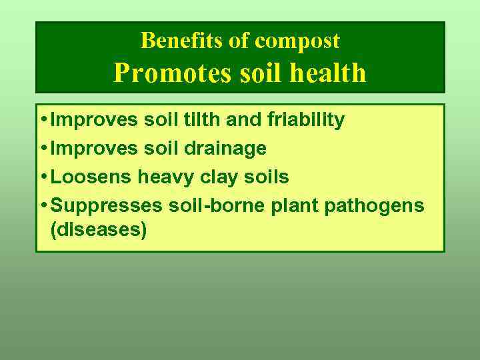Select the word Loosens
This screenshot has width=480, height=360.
click(91, 177)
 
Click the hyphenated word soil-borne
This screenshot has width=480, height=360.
click(216, 205)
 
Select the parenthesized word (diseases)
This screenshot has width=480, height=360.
click(98, 231)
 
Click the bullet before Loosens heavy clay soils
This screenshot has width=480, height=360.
click(43, 177)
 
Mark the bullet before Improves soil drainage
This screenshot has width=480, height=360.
click(43, 148)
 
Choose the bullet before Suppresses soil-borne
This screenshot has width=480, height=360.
click(43, 205)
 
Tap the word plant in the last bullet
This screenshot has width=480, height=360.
click(295, 205)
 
